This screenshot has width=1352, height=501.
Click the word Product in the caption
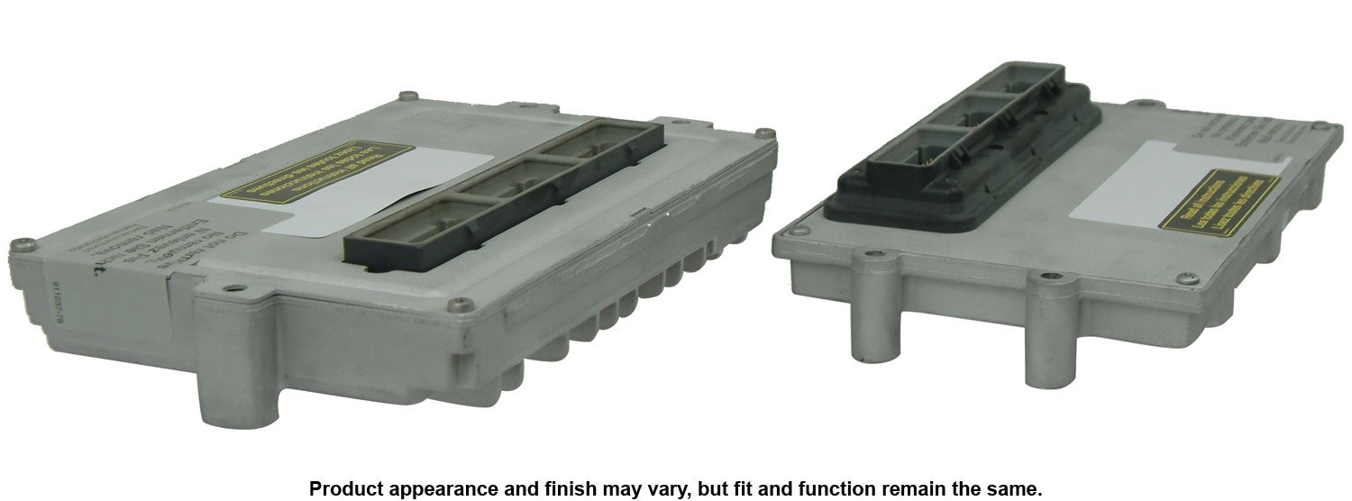click(342, 488)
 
